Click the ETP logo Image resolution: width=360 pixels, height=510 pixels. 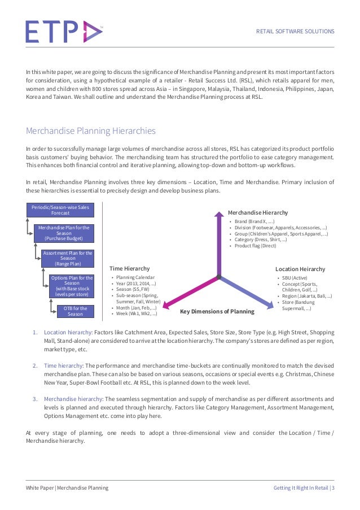click(x=64, y=32)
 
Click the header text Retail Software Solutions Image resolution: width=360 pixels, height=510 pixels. click(x=295, y=32)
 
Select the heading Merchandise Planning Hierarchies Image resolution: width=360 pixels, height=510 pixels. click(x=90, y=132)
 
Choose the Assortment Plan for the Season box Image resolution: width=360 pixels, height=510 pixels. click(x=68, y=258)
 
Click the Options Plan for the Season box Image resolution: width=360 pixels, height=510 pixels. click(x=72, y=286)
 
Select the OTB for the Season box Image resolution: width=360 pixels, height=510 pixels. click(x=75, y=311)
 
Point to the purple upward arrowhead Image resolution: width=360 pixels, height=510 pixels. click(x=218, y=215)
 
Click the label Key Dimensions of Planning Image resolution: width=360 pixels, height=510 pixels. click(x=217, y=312)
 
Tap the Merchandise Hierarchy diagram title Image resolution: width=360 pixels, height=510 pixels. click(x=257, y=212)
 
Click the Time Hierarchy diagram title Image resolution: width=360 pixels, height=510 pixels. click(x=129, y=268)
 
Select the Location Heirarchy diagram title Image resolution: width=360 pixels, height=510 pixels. click(x=300, y=269)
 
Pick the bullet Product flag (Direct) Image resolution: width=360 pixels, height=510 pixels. click(x=256, y=246)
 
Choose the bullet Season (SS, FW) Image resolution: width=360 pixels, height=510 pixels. click(x=135, y=289)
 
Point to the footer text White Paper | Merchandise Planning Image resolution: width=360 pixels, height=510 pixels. click(x=67, y=487)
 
